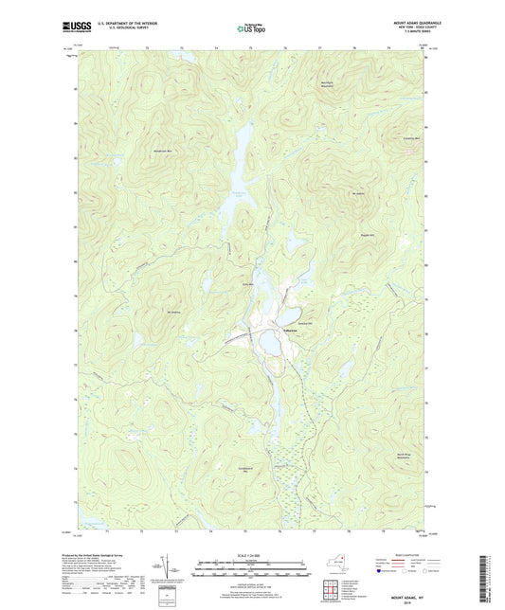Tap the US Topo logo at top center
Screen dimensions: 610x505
[x=251, y=29]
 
